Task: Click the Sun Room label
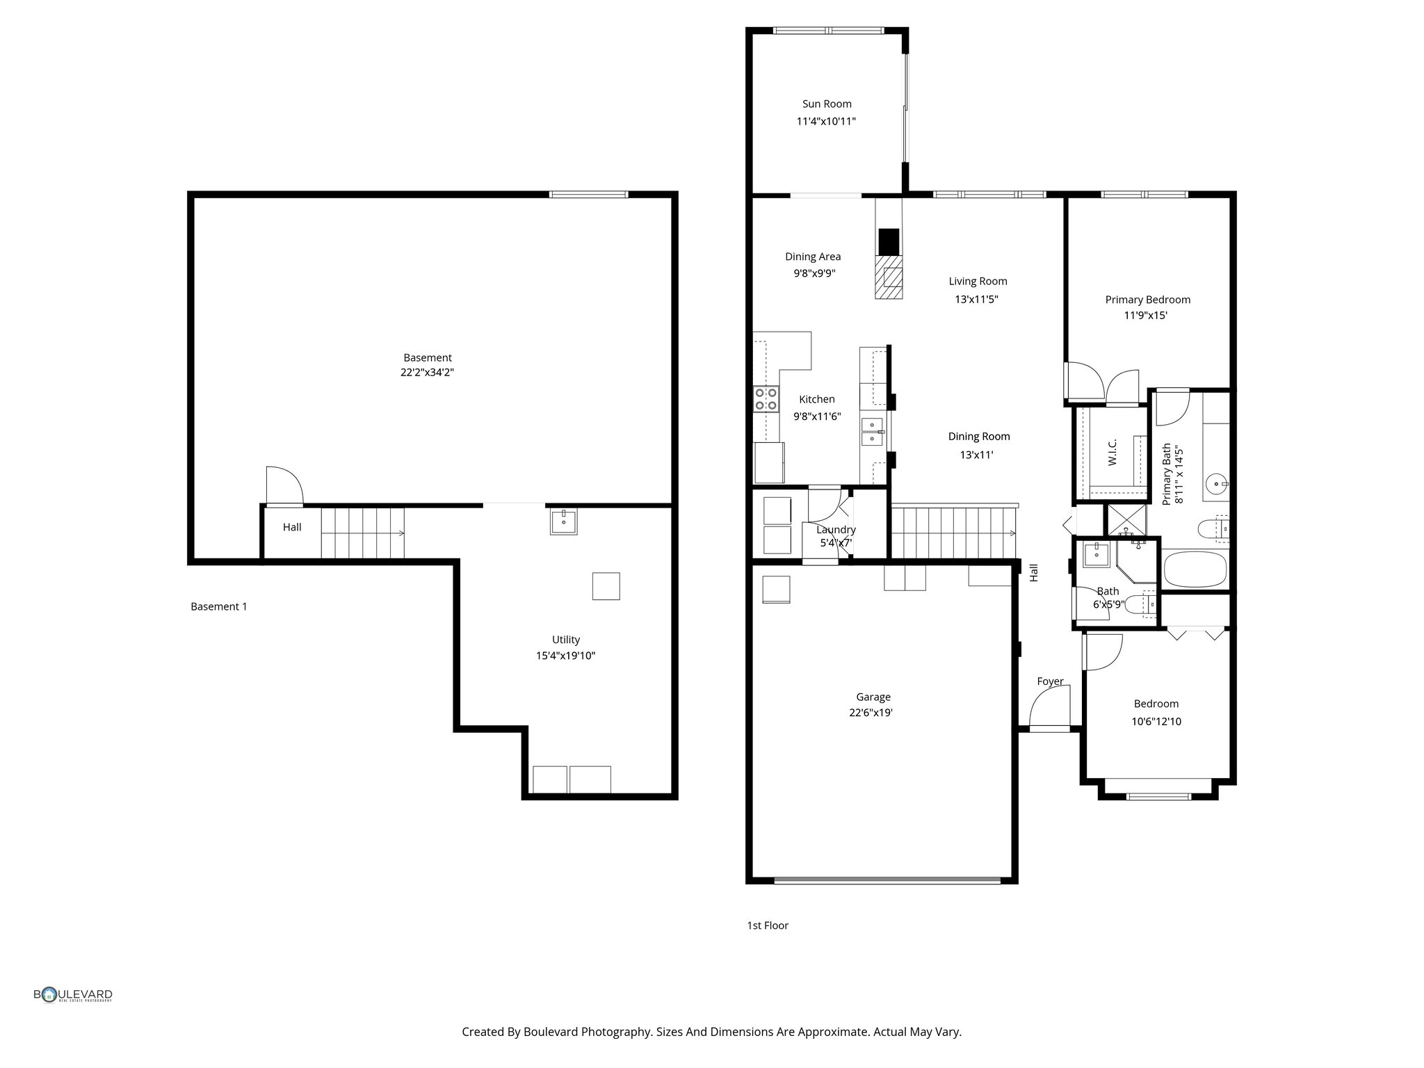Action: click(x=827, y=104)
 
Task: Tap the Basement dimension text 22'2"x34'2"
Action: click(x=427, y=373)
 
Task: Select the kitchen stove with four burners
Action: click(x=766, y=400)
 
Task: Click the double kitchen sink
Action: click(x=872, y=432)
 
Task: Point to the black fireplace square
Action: click(x=889, y=241)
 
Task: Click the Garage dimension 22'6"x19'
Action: click(x=871, y=713)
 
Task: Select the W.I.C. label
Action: click(x=1112, y=452)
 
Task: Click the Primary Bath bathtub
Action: click(x=1195, y=569)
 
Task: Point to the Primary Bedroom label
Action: click(x=1147, y=300)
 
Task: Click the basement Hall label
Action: click(x=292, y=527)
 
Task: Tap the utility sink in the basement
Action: click(x=563, y=521)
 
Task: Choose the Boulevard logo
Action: click(x=73, y=995)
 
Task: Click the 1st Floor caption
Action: click(x=768, y=925)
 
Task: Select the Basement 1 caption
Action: click(x=219, y=606)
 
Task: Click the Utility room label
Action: click(x=565, y=640)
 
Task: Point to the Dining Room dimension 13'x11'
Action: click(x=976, y=455)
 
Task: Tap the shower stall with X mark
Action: click(x=1126, y=519)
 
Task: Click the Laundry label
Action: click(x=836, y=530)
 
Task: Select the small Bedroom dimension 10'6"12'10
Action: click(x=1156, y=722)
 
